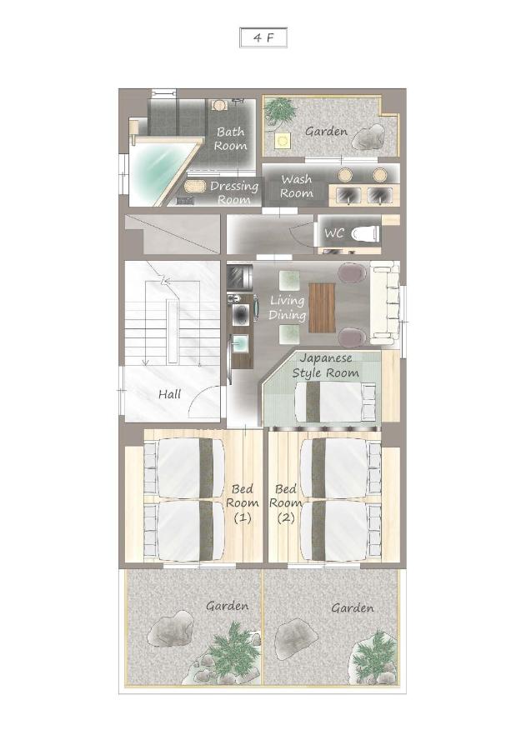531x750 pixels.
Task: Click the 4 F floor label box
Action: click(x=263, y=37)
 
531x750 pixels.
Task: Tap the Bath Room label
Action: click(x=231, y=138)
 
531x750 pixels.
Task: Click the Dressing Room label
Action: click(x=234, y=192)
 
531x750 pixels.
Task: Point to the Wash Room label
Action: click(x=297, y=186)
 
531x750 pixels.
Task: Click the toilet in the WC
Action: click(x=365, y=234)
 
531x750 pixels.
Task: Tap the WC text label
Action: click(x=334, y=233)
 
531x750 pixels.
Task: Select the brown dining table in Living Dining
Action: click(x=322, y=307)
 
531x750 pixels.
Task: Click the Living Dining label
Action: click(x=287, y=307)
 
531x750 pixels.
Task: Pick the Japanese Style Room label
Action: click(x=326, y=366)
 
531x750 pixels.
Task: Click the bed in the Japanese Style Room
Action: click(x=335, y=402)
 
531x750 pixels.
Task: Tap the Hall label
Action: click(x=170, y=395)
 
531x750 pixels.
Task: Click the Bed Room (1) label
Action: click(x=243, y=503)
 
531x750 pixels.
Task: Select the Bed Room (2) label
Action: click(x=286, y=503)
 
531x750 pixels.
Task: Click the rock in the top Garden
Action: click(x=368, y=137)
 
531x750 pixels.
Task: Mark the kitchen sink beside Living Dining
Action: click(x=240, y=343)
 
